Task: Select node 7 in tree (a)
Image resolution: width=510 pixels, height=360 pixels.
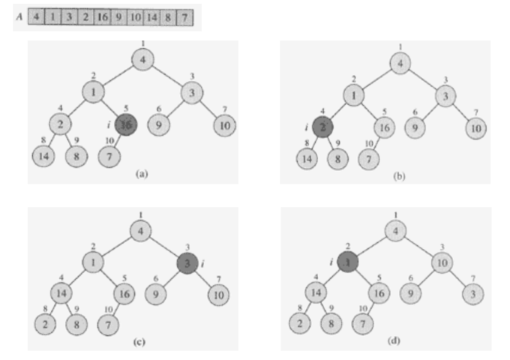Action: (110, 156)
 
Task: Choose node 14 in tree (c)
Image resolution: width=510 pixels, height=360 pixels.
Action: (62, 293)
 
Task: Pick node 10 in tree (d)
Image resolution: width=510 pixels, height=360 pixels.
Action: (444, 263)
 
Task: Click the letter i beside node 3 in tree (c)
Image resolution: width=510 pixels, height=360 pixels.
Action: (202, 263)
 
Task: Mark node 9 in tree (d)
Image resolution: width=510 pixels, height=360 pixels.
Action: (412, 293)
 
